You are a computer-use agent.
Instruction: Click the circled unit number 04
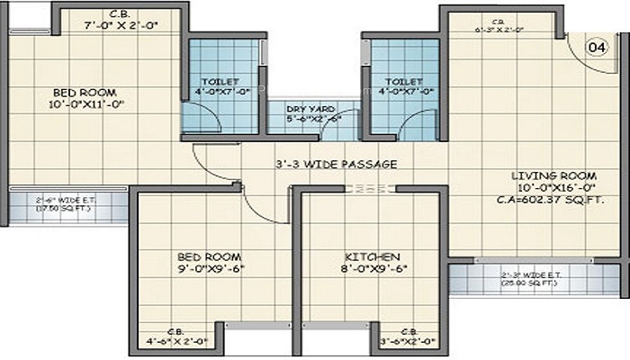pos(596,47)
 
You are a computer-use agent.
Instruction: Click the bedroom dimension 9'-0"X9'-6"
pos(212,268)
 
